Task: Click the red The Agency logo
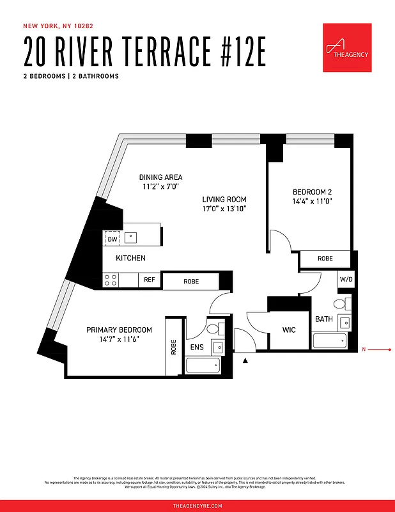(x=347, y=48)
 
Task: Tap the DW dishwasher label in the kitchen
(x=112, y=239)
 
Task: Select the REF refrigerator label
(x=149, y=280)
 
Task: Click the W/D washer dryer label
(x=345, y=279)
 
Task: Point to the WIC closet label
(x=289, y=330)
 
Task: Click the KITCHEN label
(x=130, y=258)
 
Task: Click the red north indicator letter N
(x=364, y=349)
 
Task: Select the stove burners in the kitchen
(x=111, y=280)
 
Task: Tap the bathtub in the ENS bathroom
(x=202, y=365)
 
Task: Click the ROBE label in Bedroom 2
(x=325, y=259)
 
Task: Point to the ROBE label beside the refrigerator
(x=190, y=281)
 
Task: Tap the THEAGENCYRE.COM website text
(x=197, y=506)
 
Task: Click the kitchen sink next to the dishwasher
(x=131, y=237)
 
